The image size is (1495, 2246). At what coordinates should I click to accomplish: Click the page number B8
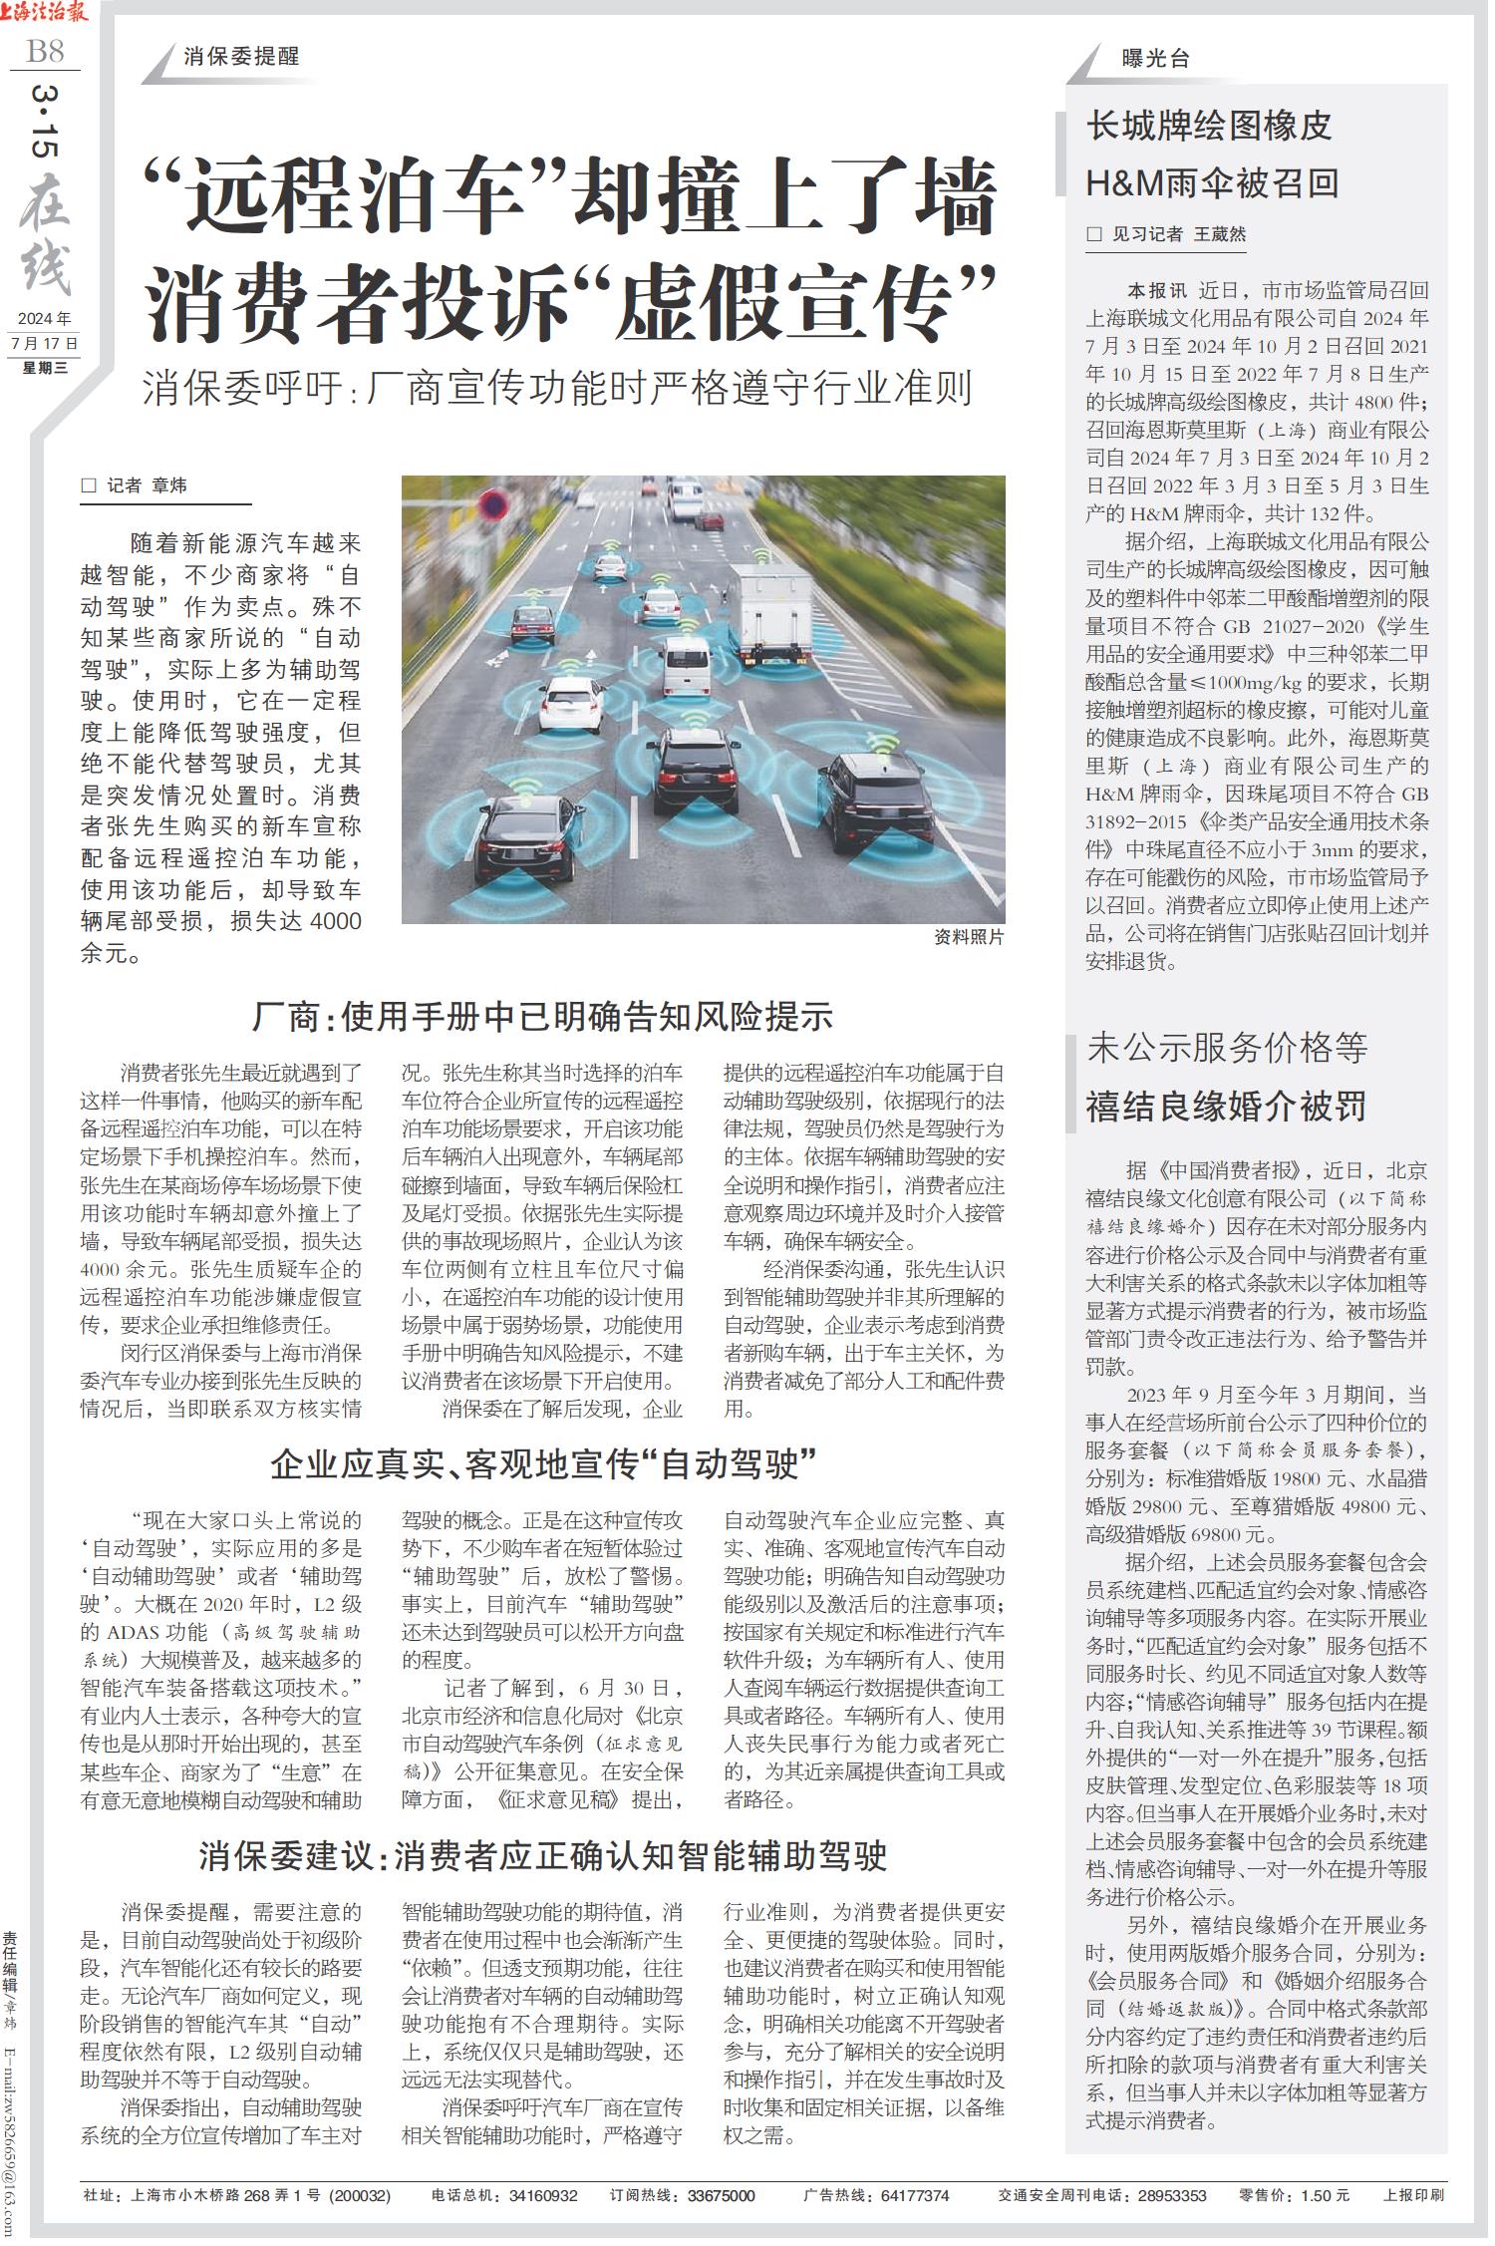(x=45, y=50)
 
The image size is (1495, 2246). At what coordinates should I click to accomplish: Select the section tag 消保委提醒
(x=241, y=57)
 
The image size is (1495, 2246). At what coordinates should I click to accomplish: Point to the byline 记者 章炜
(x=148, y=485)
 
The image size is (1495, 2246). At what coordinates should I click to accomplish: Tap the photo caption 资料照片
(x=969, y=938)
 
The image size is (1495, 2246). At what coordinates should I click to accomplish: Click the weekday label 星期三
(x=45, y=367)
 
